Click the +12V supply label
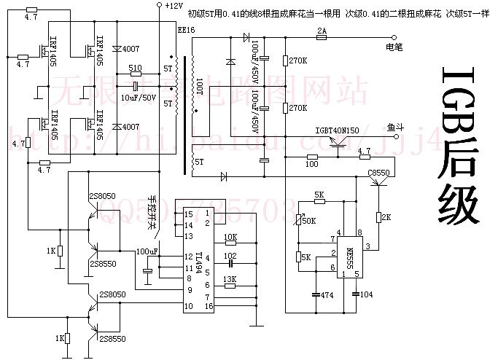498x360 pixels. click(174, 6)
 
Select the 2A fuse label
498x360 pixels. click(321, 30)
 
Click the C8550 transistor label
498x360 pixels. click(379, 172)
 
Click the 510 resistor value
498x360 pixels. click(135, 68)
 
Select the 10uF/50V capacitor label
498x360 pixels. click(137, 97)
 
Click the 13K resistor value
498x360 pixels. click(230, 278)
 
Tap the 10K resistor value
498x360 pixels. click(230, 237)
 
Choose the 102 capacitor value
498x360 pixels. click(230, 256)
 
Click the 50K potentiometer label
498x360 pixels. click(309, 219)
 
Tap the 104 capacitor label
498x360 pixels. click(365, 295)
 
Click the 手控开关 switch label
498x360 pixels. click(153, 212)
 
